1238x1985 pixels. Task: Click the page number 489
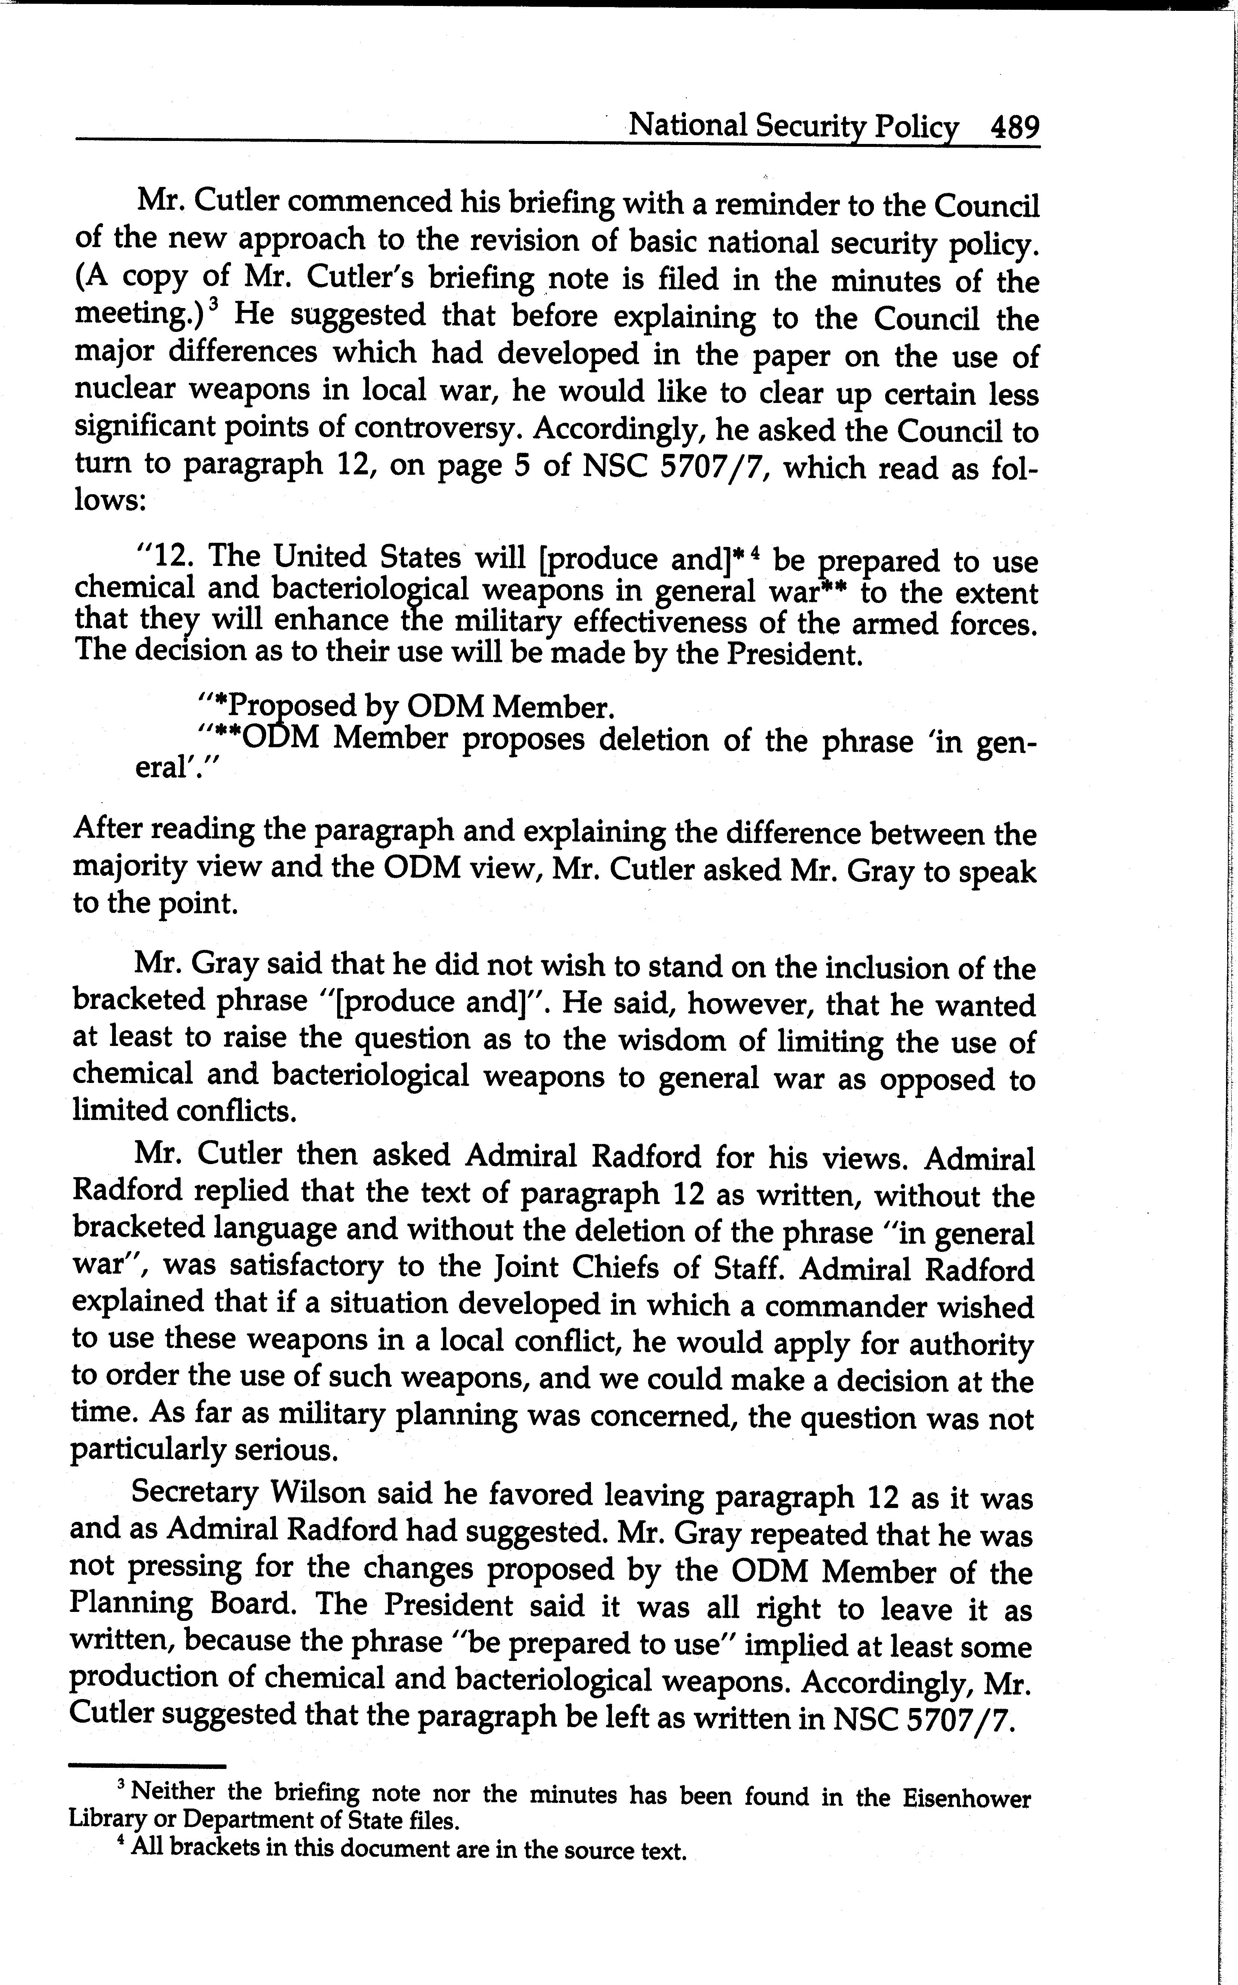pyautogui.click(x=1014, y=128)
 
